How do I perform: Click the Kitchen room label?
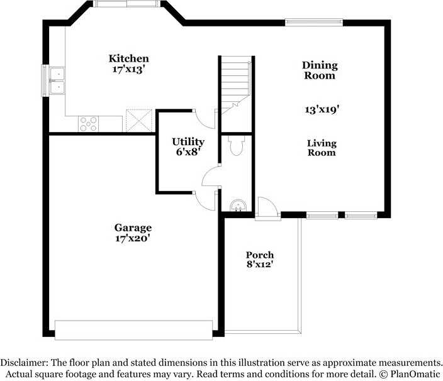pyautogui.click(x=128, y=58)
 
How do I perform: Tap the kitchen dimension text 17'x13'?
pyautogui.click(x=128, y=69)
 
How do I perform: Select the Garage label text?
pyautogui.click(x=133, y=228)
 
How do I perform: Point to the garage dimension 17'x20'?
pyautogui.click(x=132, y=238)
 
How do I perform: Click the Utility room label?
pyautogui.click(x=188, y=141)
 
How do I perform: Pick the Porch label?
pyautogui.click(x=260, y=255)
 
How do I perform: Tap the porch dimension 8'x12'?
pyautogui.click(x=260, y=264)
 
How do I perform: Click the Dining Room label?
pyautogui.click(x=320, y=70)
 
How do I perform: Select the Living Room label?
pyautogui.click(x=322, y=148)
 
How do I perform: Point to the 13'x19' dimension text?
pyautogui.click(x=322, y=109)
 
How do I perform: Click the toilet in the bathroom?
pyautogui.click(x=237, y=145)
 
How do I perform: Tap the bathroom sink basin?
pyautogui.click(x=238, y=206)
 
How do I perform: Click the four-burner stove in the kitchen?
pyautogui.click(x=89, y=124)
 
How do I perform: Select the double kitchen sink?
pyautogui.click(x=57, y=80)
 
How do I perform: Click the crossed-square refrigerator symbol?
pyautogui.click(x=139, y=121)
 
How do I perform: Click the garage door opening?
pyautogui.click(x=133, y=330)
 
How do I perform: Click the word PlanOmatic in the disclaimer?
pyautogui.click(x=415, y=374)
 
